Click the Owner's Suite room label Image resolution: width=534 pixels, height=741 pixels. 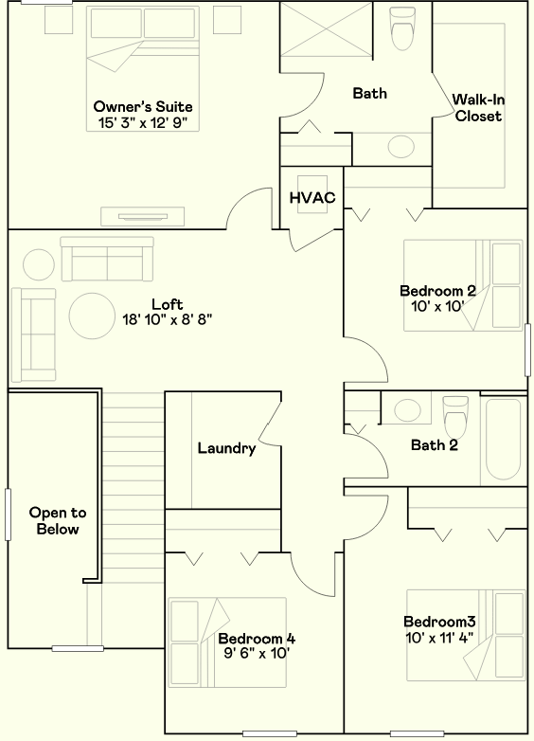pos(143,106)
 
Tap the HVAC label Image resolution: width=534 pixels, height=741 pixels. pos(312,197)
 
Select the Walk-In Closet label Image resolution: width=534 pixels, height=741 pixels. pos(478,108)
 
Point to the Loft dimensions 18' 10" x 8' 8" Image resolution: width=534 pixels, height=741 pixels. pos(168,320)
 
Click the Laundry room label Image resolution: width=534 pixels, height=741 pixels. pos(226,448)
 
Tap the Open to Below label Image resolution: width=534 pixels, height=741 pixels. pos(58,521)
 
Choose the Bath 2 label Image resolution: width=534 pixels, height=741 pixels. pos(435,445)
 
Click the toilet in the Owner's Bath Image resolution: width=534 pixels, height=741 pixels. pos(402,28)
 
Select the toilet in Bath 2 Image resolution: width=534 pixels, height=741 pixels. pos(455,417)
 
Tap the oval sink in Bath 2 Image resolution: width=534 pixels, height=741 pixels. pos(407,409)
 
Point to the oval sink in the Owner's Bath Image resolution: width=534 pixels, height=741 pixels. pos(401,147)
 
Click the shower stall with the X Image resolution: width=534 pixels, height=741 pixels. pos(327,29)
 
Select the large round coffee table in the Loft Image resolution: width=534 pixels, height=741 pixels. pos(92,316)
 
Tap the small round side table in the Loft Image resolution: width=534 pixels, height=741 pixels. pos(39,264)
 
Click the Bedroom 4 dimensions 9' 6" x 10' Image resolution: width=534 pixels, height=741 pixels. pos(257,654)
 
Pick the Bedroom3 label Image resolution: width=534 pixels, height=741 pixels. pos(439,622)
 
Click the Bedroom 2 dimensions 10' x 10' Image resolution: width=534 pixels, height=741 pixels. pos(437,307)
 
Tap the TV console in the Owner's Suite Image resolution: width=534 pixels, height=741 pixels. pos(143,216)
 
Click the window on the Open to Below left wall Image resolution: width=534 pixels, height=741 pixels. pos(8,515)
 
